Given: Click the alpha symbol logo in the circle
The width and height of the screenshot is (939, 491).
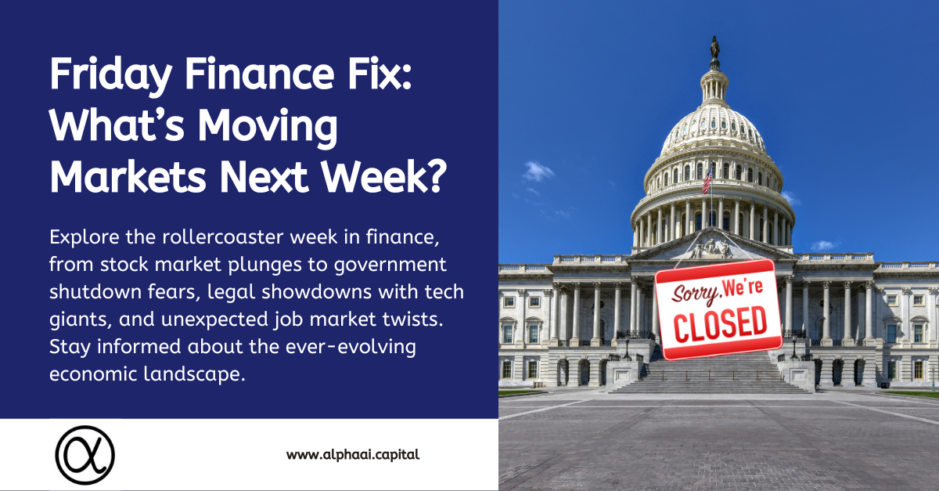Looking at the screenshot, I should pyautogui.click(x=85, y=454).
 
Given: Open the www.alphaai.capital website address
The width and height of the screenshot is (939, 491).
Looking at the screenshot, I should pyautogui.click(x=353, y=454).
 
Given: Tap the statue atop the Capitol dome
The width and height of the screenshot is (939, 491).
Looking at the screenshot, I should pyautogui.click(x=714, y=52).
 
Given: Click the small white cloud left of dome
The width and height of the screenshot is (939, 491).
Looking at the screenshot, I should pyautogui.click(x=538, y=171).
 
